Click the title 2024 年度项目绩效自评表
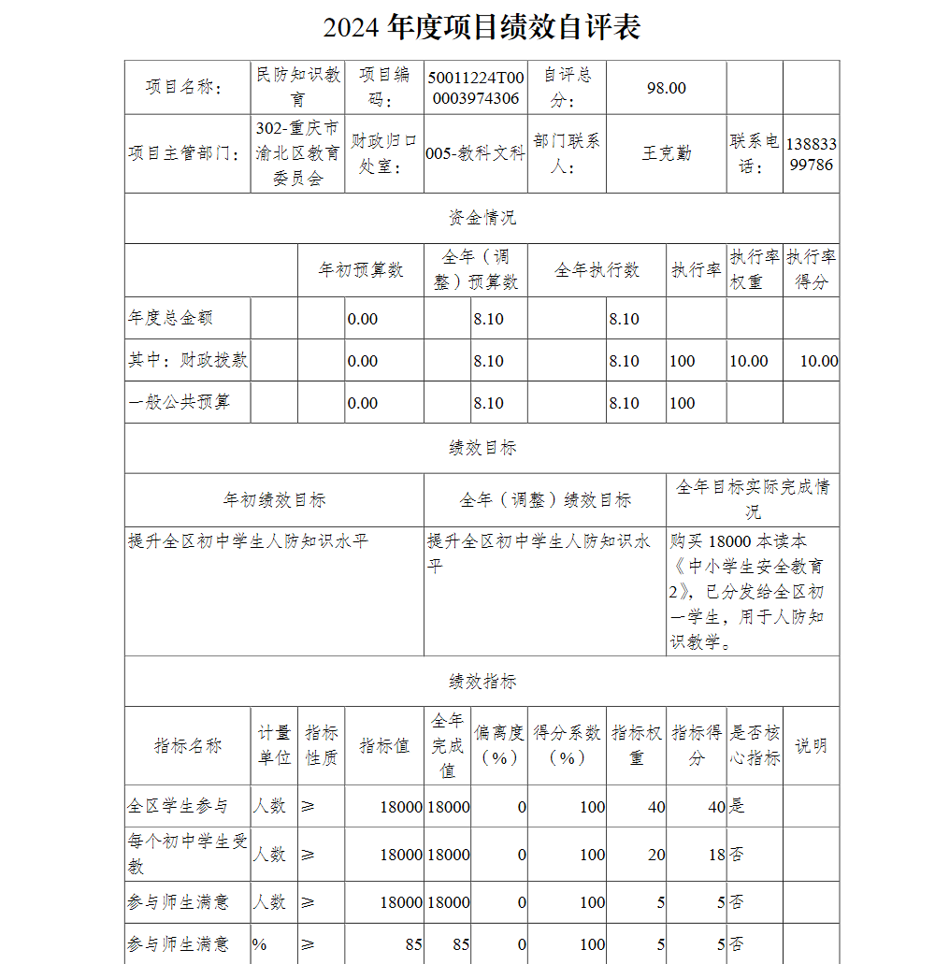(482, 28)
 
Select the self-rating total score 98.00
(666, 88)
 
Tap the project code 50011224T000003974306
(476, 88)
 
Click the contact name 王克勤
(666, 153)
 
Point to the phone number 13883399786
(811, 154)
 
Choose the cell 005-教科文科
(475, 154)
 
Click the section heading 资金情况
(482, 218)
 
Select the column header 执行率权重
(754, 269)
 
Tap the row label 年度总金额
(170, 318)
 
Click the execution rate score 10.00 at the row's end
(818, 361)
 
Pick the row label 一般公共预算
(179, 402)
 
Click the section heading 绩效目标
(482, 448)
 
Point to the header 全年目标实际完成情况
(753, 499)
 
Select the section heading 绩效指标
(482, 682)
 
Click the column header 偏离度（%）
(498, 745)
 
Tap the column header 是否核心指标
(754, 745)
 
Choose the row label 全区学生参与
(178, 806)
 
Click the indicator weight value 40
(655, 807)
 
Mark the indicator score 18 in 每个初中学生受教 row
(715, 855)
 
